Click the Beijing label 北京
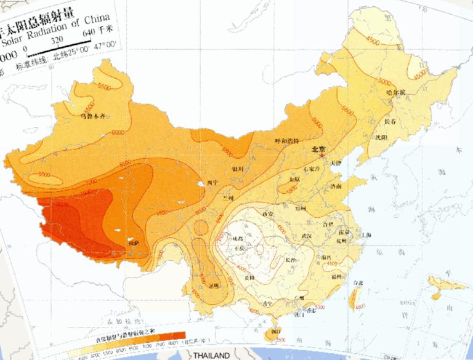click(318, 148)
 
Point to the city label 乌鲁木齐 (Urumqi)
click(92, 114)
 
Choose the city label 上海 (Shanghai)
click(366, 234)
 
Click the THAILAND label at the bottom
click(211, 356)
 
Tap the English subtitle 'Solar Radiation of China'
click(59, 31)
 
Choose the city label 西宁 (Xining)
click(213, 182)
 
